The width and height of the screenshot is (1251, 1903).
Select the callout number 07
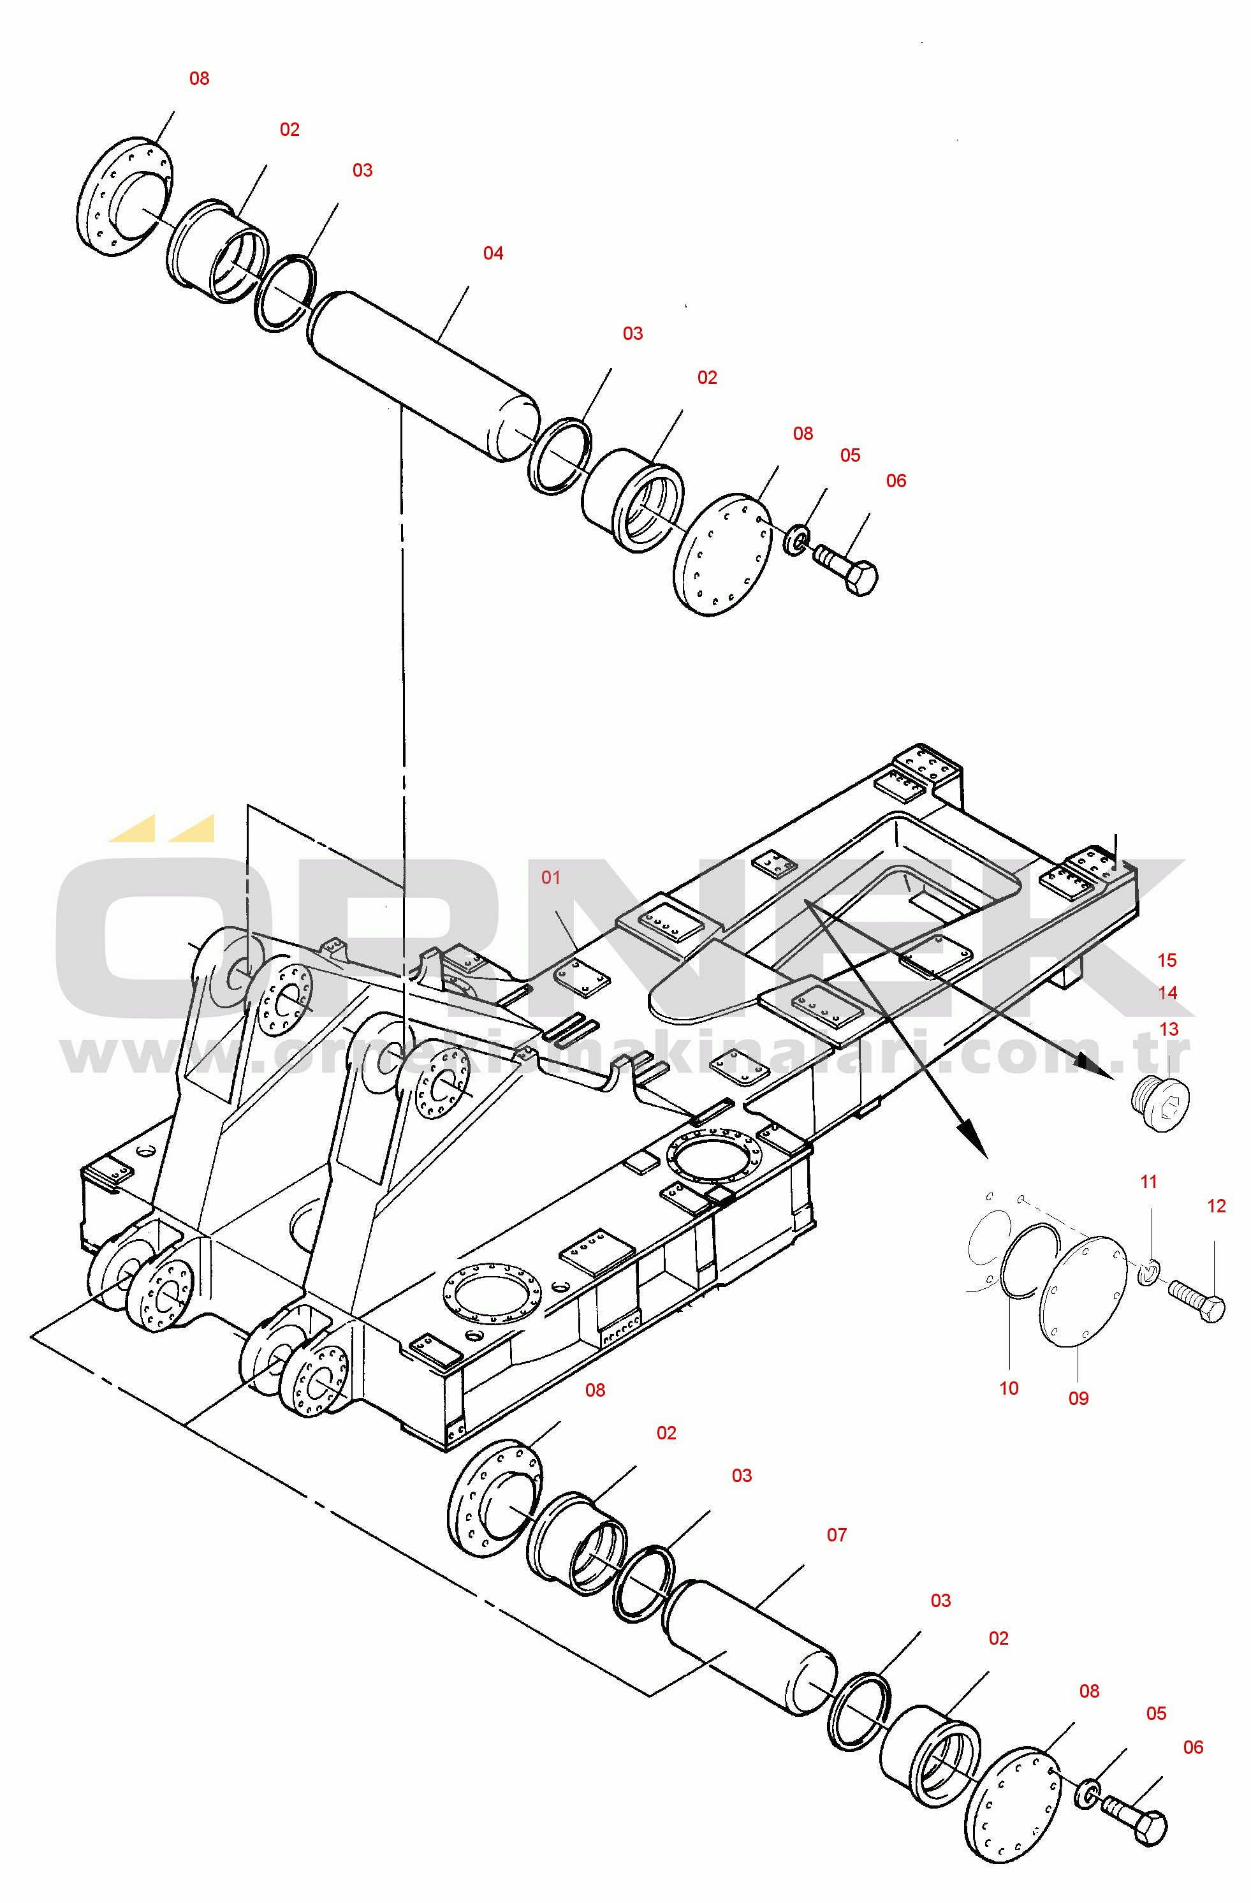tap(836, 1535)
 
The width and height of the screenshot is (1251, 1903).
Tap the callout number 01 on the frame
tap(551, 878)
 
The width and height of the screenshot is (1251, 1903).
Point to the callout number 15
tap(1166, 960)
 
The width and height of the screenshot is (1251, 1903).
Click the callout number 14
tap(1167, 993)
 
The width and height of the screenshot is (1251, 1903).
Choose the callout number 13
tap(1168, 1030)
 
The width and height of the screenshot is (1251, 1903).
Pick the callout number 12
tap(1216, 1207)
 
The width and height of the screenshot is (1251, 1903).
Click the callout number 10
tap(1009, 1389)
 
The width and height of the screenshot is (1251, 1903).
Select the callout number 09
tap(1078, 1399)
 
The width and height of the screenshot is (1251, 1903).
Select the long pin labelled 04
tap(423, 376)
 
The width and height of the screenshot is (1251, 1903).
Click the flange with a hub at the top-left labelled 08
tap(124, 196)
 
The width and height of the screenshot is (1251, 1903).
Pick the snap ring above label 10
tap(1027, 1263)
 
